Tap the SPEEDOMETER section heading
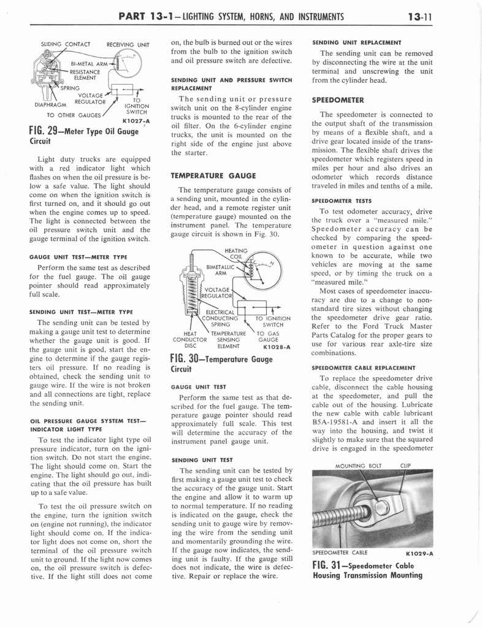[x=338, y=99]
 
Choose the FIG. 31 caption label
[x=367, y=570]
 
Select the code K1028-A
[x=275, y=347]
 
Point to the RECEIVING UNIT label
[x=128, y=44]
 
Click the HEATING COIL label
[x=237, y=253]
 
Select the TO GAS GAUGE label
[x=269, y=337]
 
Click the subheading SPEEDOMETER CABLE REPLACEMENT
[x=364, y=367]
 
